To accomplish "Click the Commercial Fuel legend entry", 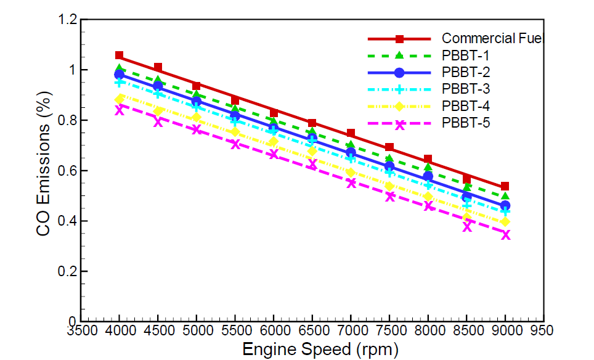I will point(491,39).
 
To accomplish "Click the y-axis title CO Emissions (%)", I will point(43,170).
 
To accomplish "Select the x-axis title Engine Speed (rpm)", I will point(315,349).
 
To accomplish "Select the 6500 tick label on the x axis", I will point(312,330).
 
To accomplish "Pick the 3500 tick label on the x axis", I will point(81,330).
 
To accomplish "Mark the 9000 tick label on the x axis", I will point(505,330).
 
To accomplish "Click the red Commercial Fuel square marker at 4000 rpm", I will point(120,55).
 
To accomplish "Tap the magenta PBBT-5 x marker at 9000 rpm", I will point(506,234).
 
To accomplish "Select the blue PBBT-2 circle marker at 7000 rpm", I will point(351,153).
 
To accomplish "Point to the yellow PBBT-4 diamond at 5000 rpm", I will point(197,117).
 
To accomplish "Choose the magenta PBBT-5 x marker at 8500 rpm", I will point(467,226).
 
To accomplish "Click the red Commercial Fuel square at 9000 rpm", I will point(505,186).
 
